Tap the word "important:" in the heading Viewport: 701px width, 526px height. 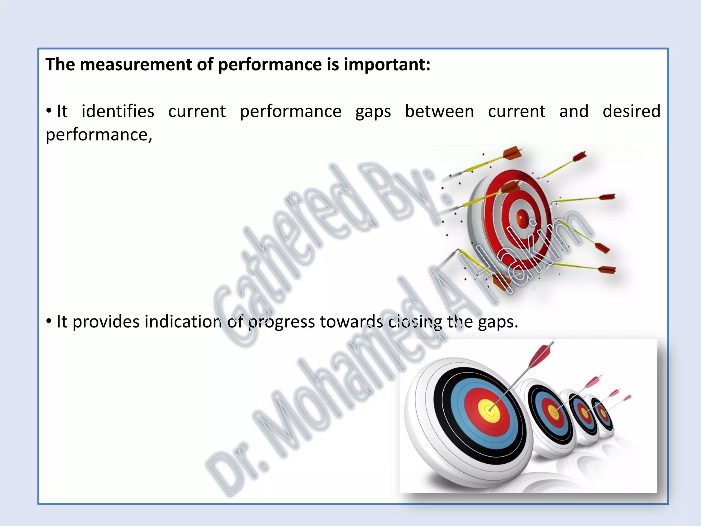tap(387, 64)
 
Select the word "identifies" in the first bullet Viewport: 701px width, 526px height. tap(118, 111)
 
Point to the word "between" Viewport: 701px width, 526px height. tap(439, 111)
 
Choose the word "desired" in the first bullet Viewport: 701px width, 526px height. tap(631, 111)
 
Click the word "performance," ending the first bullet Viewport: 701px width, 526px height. tap(99, 135)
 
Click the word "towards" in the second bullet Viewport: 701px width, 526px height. tap(351, 322)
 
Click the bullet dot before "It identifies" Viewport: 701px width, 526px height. tap(49, 111)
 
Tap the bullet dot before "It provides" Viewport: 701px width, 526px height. tap(49, 321)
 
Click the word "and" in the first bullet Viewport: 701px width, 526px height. tap(574, 111)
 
